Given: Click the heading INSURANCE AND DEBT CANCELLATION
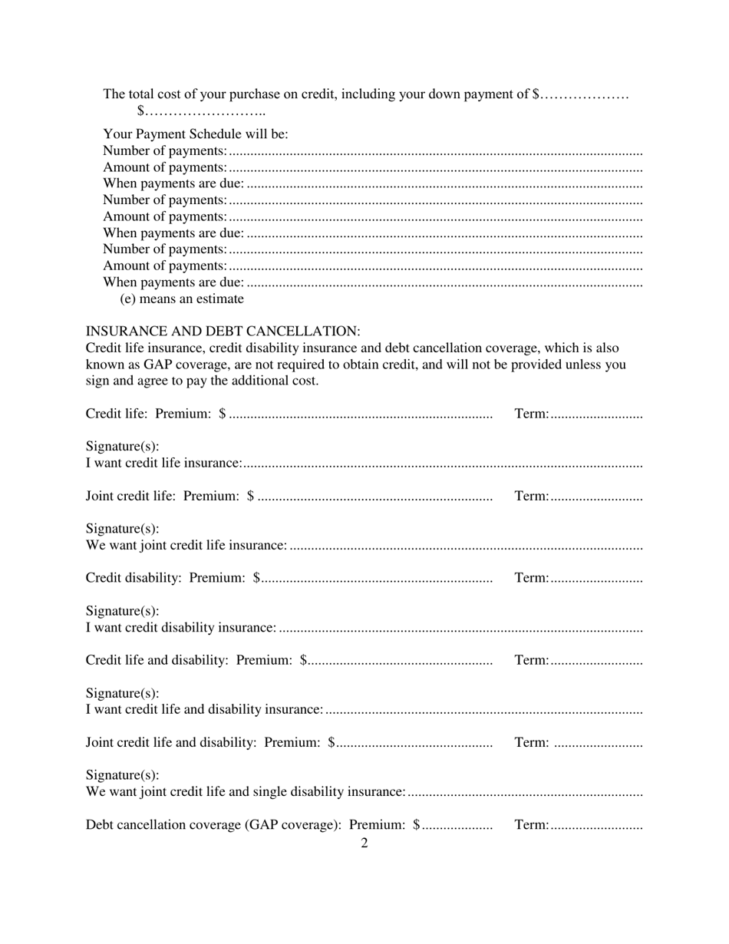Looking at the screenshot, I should coord(223,332).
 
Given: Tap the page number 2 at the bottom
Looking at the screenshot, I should coord(364,843).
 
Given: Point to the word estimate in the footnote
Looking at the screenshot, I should coord(219,299).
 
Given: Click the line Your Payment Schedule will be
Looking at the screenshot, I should coord(196,134).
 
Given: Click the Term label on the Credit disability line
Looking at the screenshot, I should coord(531,578).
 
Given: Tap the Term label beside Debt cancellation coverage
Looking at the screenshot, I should coord(531,825).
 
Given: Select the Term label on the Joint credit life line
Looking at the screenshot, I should coord(531,497).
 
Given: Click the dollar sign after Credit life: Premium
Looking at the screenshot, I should coord(222,414).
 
